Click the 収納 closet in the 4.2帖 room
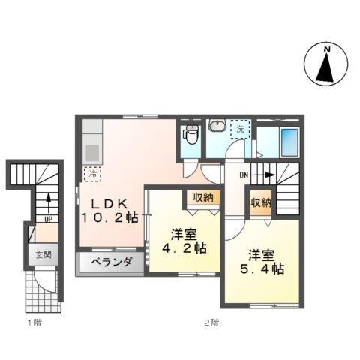tap(202, 198)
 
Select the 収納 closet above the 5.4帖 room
tap(261, 202)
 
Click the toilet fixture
tap(191, 136)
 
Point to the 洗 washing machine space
tap(240, 128)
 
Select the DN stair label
tap(244, 175)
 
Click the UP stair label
tap(47, 220)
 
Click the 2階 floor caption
tap(211, 322)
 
